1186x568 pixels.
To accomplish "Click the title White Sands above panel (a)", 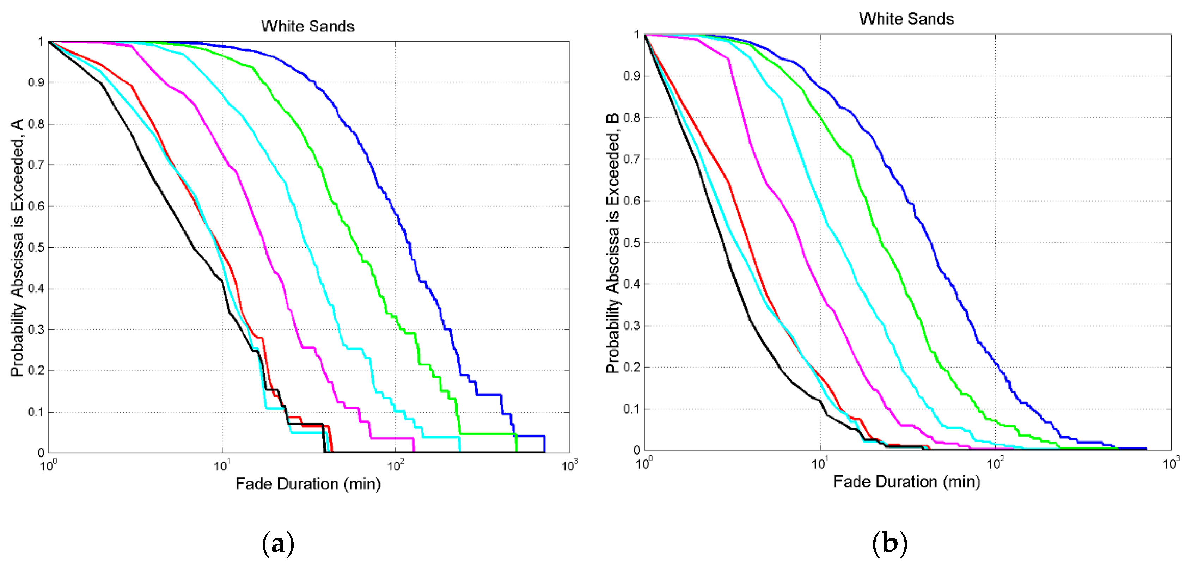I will click(307, 26).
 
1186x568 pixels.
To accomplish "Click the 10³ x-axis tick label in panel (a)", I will click(569, 466).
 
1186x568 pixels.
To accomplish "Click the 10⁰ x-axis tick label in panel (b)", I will click(644, 463).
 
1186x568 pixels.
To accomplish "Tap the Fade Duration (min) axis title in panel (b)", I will click(906, 481).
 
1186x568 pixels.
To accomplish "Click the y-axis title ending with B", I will click(612, 244).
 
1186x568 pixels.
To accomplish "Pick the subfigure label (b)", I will click(889, 543).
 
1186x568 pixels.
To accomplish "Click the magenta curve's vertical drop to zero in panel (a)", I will click(414, 445).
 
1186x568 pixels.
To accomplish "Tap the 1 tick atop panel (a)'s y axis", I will click(41, 42).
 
